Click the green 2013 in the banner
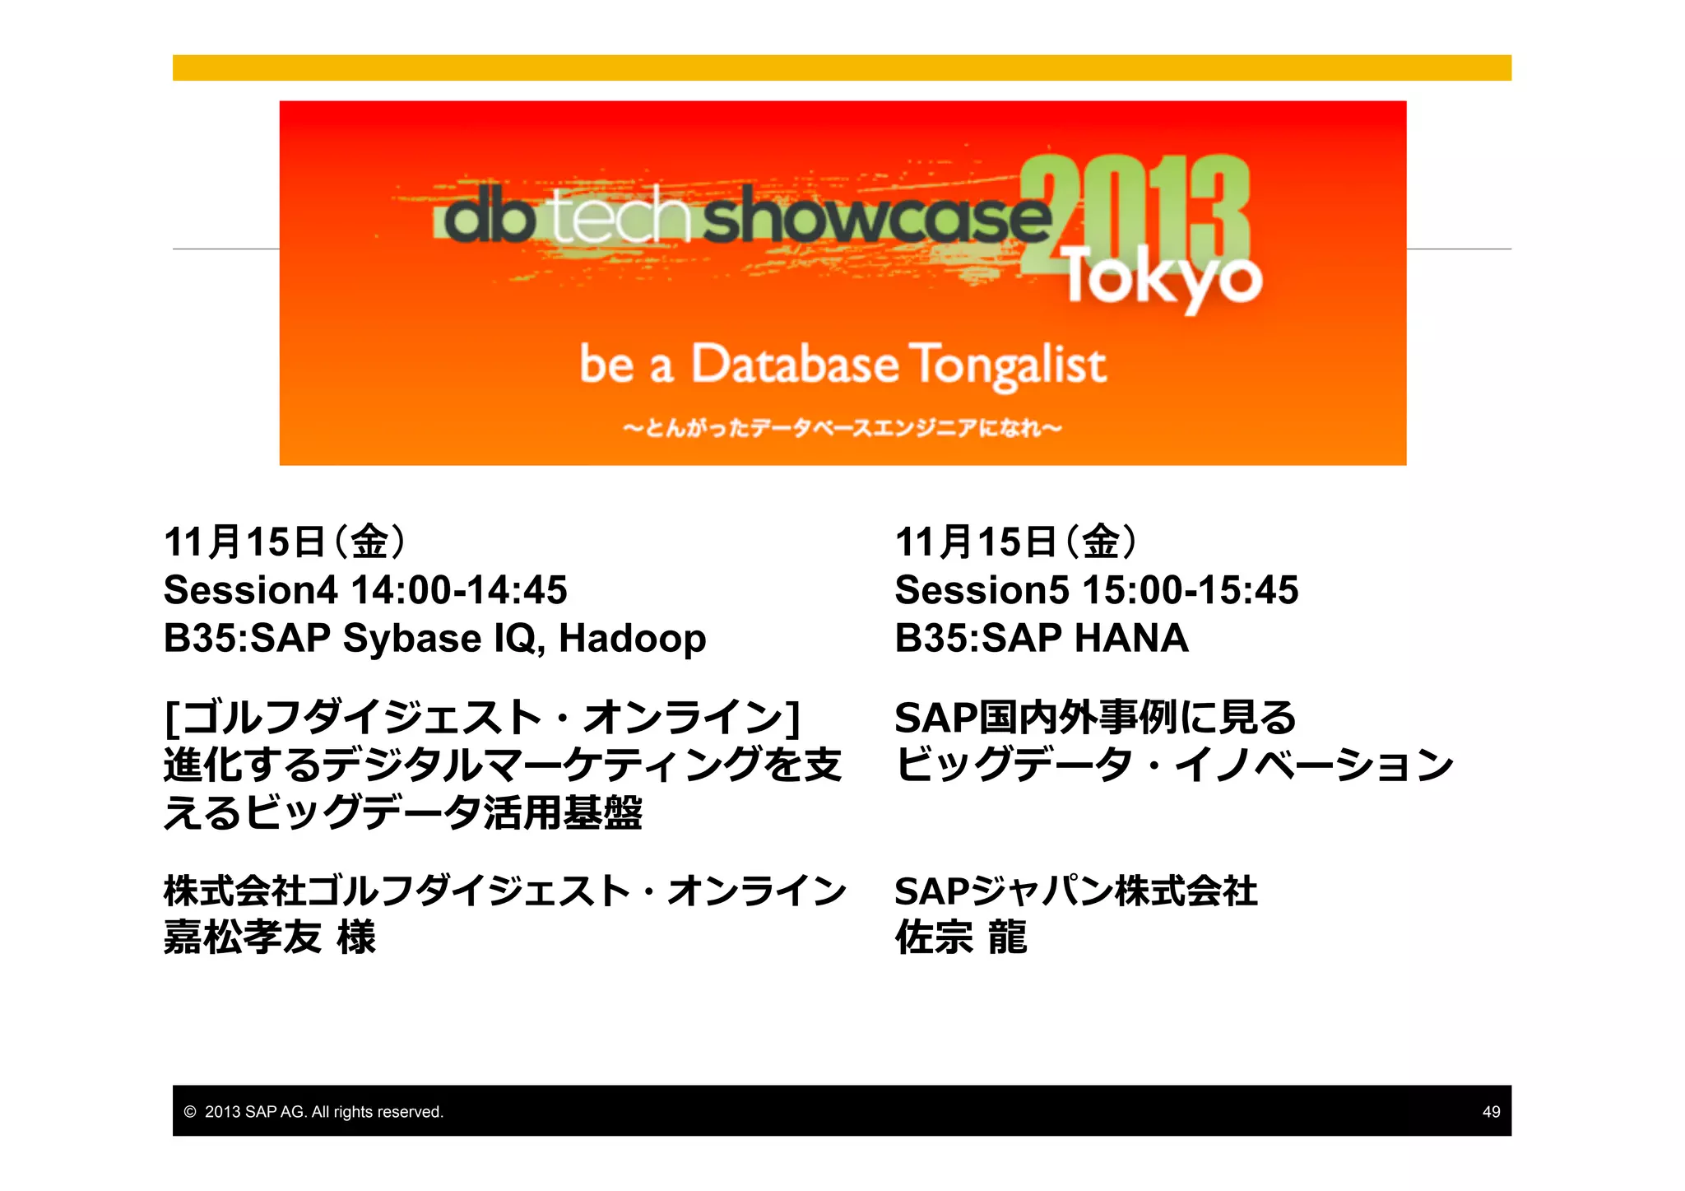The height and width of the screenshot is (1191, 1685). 1135,210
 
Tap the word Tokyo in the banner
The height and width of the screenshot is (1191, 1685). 1163,278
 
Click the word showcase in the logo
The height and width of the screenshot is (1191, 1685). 876,216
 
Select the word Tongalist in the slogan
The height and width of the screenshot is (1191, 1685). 1008,365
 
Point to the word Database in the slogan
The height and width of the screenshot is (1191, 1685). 794,365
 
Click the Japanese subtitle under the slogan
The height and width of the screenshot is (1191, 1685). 842,428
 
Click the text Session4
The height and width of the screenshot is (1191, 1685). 250,590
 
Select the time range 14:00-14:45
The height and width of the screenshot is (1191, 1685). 459,590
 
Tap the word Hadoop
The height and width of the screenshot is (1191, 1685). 632,639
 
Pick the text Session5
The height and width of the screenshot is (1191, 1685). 982,590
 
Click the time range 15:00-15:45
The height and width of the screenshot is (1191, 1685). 1190,590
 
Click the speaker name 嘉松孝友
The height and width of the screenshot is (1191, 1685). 243,937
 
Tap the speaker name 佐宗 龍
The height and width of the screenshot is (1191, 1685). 961,937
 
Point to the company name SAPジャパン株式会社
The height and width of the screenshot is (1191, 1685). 1075,891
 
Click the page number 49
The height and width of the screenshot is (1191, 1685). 1491,1112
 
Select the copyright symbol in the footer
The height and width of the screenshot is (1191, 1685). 190,1112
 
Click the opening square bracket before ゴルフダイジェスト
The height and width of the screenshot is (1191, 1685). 171,718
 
